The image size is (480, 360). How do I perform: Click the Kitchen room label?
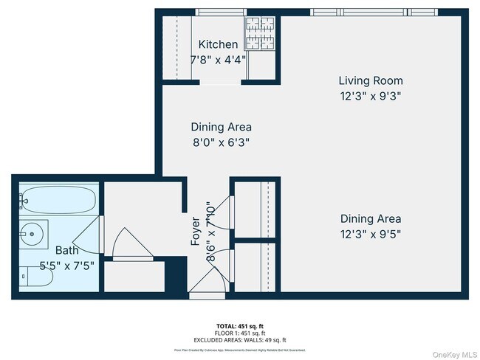pos(218,45)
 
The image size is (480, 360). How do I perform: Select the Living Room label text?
pos(371,80)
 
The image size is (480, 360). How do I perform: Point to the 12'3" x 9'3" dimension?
pos(371,95)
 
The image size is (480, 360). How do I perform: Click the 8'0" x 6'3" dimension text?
pos(221,142)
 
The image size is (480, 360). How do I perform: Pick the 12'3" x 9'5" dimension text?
pos(371,234)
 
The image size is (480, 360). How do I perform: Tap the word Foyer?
pos(196,230)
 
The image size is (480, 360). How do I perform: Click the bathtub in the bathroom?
pos(44,199)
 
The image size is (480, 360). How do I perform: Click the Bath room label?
pos(46,251)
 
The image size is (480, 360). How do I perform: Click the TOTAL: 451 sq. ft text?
pos(240,325)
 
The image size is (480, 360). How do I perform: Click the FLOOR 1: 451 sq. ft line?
pos(240,332)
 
